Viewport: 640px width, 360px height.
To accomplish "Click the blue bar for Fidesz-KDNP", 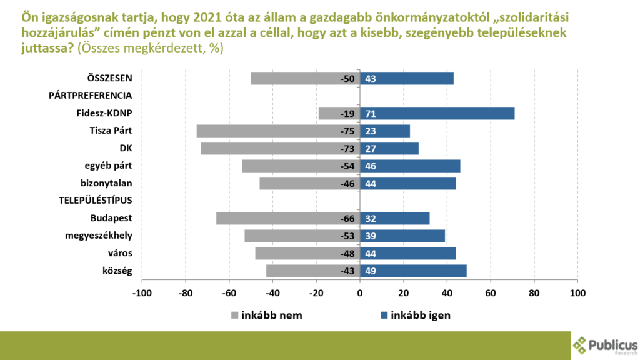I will tap(437, 113).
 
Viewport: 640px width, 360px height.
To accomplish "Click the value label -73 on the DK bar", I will tap(347, 148).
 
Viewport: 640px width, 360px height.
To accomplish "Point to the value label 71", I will tap(370, 113).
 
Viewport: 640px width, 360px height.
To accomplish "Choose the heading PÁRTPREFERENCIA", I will tap(91, 96).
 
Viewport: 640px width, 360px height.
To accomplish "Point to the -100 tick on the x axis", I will tap(142, 292).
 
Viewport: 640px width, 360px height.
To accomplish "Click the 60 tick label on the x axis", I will tap(491, 292).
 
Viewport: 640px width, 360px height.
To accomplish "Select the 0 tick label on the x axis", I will tap(360, 292).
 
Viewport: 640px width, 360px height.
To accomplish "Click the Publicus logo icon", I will tap(581, 344).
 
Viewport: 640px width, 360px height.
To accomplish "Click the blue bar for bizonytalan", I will tap(409, 183).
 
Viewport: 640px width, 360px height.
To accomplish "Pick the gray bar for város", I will tap(300, 253).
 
